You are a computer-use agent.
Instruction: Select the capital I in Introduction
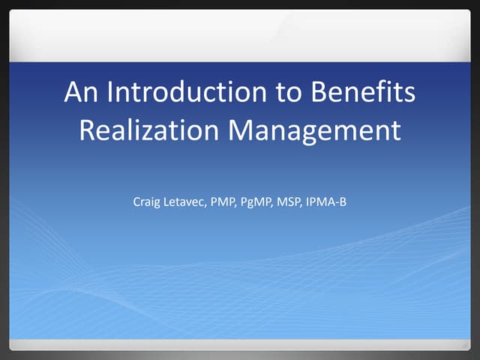click(110, 93)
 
